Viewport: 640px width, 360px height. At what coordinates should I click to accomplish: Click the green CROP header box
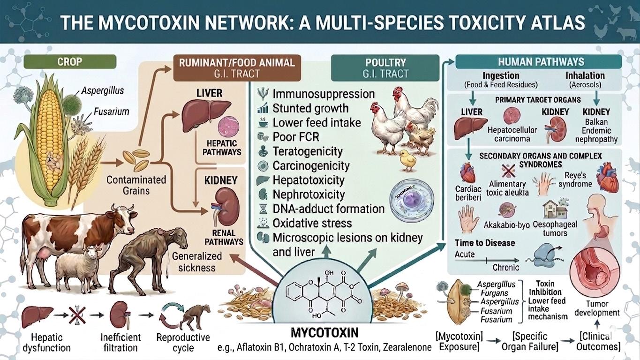(70, 62)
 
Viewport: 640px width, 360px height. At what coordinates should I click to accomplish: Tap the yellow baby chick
(408, 160)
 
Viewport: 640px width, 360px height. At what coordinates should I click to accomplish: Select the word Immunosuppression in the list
(324, 94)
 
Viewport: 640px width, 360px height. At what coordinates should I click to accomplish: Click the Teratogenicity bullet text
(308, 151)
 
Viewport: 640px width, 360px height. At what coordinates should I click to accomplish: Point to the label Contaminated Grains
(136, 185)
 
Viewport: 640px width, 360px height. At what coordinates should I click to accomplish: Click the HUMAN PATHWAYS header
(541, 62)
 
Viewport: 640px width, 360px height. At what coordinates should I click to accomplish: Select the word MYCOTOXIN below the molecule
(324, 333)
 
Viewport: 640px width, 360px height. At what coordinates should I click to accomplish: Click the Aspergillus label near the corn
(103, 90)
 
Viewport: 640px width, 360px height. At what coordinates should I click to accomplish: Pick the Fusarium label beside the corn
(112, 112)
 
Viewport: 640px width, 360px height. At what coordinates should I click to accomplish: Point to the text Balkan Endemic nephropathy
(596, 131)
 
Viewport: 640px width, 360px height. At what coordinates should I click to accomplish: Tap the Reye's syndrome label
(575, 180)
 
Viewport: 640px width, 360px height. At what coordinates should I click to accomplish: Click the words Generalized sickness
(197, 262)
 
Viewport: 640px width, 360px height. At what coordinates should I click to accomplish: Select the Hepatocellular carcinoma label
(512, 134)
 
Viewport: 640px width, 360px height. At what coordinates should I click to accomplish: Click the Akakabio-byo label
(507, 225)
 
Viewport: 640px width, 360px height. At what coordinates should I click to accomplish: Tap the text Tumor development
(597, 308)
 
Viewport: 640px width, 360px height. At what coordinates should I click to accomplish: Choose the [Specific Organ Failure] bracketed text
(530, 341)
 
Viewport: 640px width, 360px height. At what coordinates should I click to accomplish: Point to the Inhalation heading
(585, 75)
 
